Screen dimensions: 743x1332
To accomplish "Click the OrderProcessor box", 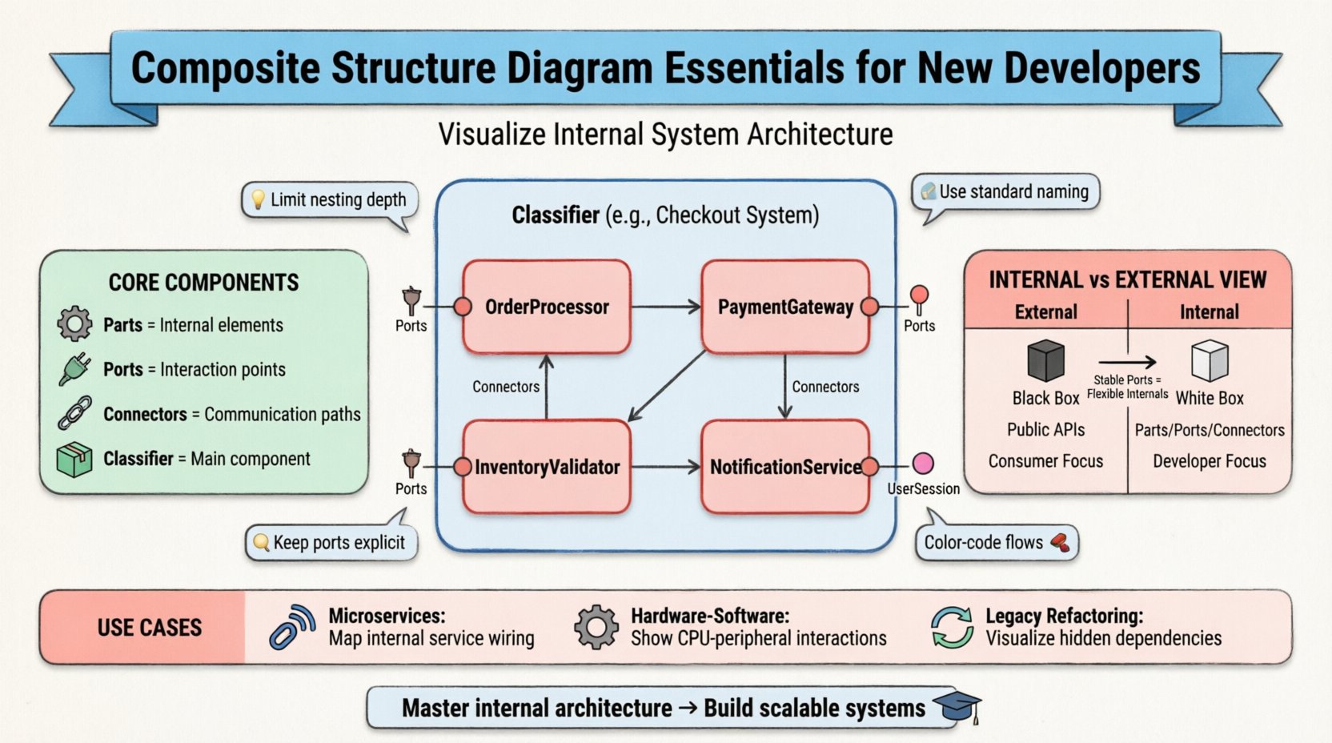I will (x=547, y=307).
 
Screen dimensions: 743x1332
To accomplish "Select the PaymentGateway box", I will (x=784, y=307).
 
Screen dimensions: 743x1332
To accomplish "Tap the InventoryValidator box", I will (x=547, y=467).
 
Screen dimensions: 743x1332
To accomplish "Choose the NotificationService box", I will (x=784, y=467).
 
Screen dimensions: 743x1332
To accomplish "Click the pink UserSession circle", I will (x=923, y=464).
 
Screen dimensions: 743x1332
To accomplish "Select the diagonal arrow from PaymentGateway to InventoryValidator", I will (x=666, y=386).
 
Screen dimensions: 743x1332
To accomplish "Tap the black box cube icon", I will (x=1045, y=360).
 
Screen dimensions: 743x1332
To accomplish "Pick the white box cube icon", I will (x=1210, y=360).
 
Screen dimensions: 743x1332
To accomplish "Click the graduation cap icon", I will (x=957, y=705).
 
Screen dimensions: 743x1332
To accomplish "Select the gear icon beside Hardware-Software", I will (x=596, y=627).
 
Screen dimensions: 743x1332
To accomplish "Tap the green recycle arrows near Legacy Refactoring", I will (x=952, y=627).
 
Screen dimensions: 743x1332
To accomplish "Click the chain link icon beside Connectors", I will (x=74, y=414).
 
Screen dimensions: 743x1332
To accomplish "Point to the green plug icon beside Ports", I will (x=74, y=369).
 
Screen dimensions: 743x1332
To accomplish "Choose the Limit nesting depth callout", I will (x=330, y=200).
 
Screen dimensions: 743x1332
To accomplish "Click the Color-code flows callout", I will (x=996, y=543).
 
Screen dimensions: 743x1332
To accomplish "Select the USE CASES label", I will (x=149, y=628).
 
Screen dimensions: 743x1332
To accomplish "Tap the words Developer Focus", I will (x=1209, y=461).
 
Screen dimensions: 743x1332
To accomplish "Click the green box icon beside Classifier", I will (x=74, y=460).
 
